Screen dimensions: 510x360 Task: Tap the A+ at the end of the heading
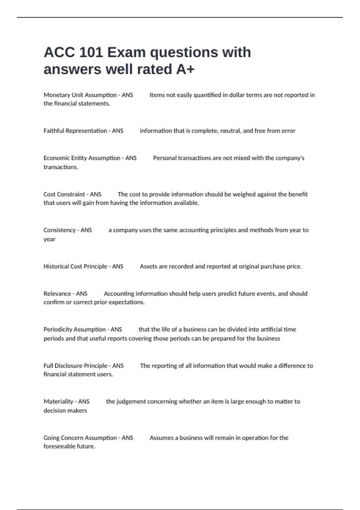[x=185, y=69]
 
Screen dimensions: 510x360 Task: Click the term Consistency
[x=59, y=230]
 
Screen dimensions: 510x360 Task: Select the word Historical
[x=56, y=266]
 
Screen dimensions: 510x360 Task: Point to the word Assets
[x=148, y=266]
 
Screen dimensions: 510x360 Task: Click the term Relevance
[x=57, y=294]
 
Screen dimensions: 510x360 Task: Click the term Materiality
[x=58, y=401]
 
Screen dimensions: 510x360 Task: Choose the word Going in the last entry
[x=51, y=438]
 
